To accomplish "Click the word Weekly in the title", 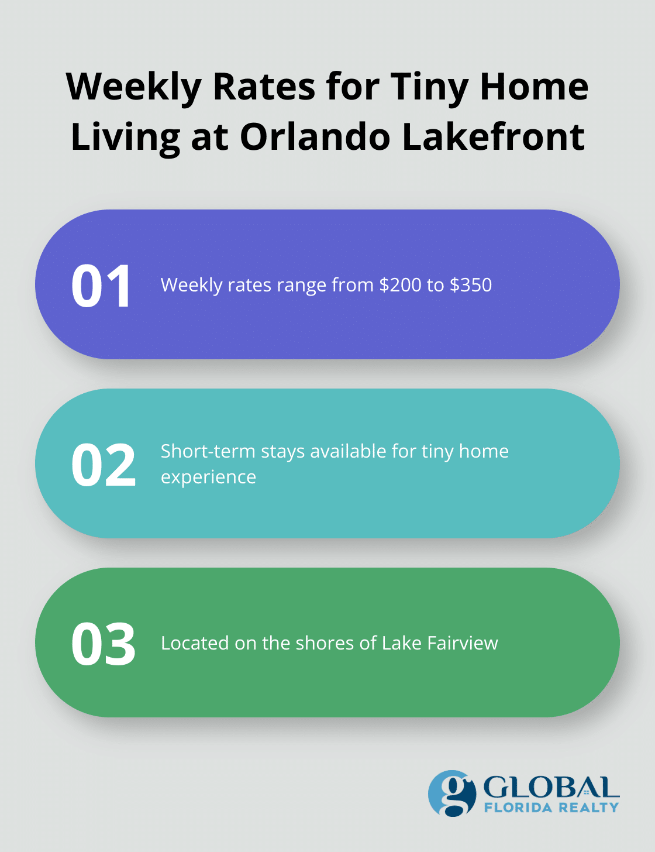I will coord(135,87).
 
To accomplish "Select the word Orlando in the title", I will coord(315,137).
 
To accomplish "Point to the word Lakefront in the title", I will coord(494,137).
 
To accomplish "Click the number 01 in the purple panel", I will coord(102,286).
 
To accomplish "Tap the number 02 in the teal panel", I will coord(104,465).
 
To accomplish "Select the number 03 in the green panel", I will coord(104,644).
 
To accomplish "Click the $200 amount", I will coord(400,285).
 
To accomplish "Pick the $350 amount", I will coord(471,285).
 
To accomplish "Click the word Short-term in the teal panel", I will coord(208,451).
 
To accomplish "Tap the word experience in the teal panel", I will coord(208,477).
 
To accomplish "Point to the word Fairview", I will coord(463,643).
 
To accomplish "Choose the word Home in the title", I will coord(534,87).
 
